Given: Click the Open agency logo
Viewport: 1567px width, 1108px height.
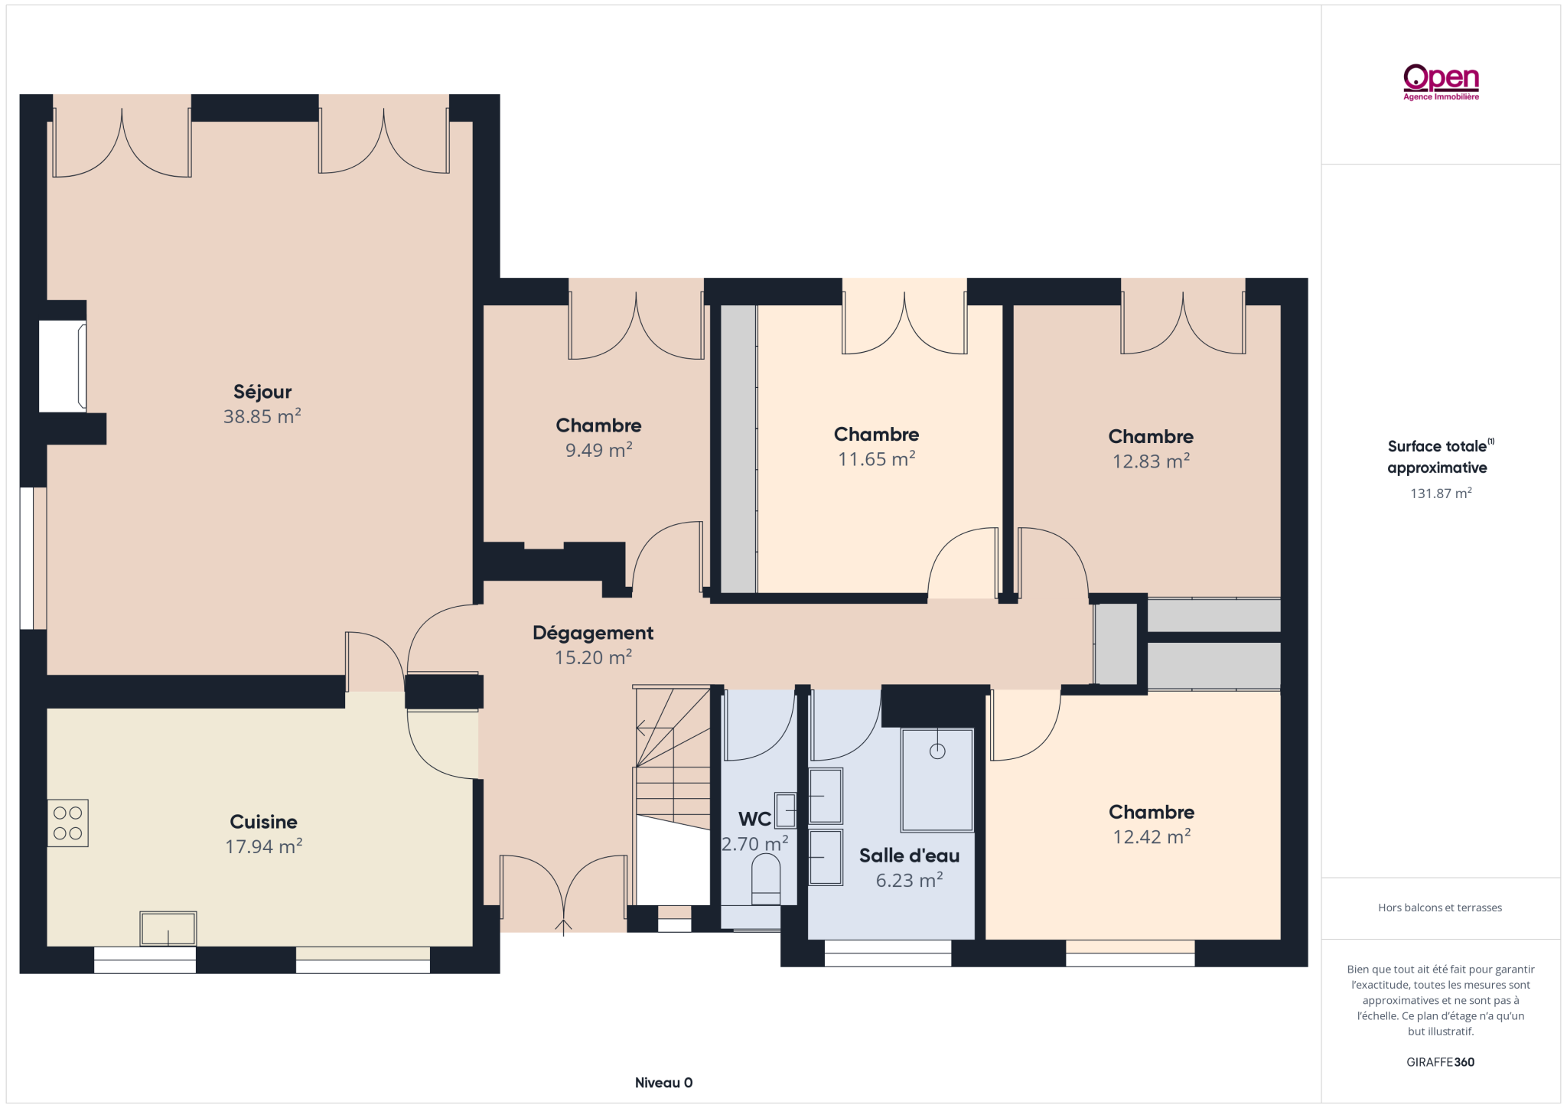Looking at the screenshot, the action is point(1441,82).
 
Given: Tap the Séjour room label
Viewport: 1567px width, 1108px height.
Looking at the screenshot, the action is point(262,392).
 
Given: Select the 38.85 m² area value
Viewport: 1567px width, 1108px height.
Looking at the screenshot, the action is point(262,416).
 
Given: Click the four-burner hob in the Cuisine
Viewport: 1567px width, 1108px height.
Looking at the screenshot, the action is point(68,823).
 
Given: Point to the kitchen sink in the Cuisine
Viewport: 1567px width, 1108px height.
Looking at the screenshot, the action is point(168,928).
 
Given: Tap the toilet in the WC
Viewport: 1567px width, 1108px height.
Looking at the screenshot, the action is point(766,879).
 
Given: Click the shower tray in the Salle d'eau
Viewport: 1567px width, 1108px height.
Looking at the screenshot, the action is point(937,780).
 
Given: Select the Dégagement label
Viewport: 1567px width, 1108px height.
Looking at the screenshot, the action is point(593,633).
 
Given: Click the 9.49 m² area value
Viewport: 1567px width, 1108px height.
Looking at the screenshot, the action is point(599,450).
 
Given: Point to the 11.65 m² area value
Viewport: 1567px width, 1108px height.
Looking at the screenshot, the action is point(877,459).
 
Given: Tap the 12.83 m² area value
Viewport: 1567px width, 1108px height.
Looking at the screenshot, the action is point(1152,461).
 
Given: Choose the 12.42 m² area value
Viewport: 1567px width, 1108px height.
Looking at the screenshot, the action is point(1152,837).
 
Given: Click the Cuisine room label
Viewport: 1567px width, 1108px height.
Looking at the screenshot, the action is point(264,822).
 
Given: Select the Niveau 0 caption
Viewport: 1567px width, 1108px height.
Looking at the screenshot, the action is point(663,1083).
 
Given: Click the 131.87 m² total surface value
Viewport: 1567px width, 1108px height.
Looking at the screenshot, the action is point(1441,494).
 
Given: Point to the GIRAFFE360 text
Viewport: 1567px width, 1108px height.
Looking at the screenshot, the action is point(1440,1062).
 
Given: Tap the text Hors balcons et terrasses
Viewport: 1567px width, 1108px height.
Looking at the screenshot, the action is point(1440,908).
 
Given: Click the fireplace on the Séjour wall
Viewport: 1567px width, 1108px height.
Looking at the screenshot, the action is point(63,367).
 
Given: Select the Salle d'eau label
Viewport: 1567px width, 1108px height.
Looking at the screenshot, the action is point(909,855).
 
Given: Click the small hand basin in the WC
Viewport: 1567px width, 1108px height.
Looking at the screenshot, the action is point(786,810).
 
